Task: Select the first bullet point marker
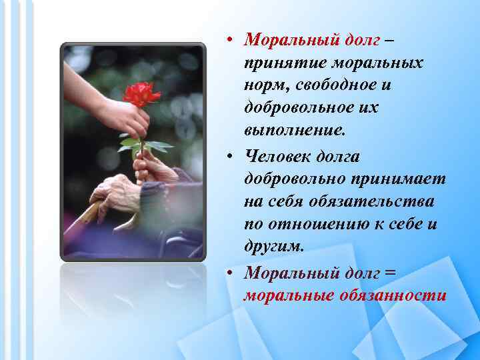pos(228,41)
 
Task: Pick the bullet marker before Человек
pos(228,157)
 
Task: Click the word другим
pos(274,247)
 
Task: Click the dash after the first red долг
pos(389,40)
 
